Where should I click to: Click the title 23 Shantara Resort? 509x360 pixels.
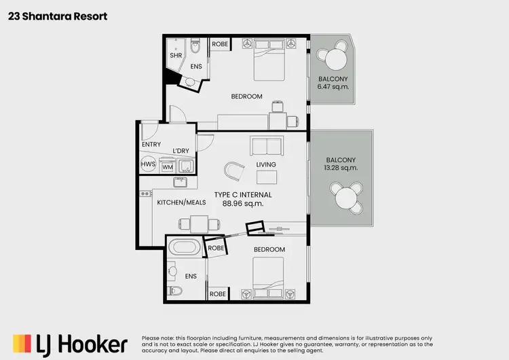58,16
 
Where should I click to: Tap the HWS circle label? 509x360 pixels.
148,165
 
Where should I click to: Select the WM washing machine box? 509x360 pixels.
168,166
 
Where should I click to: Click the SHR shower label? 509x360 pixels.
176,56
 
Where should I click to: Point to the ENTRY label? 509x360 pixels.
151,145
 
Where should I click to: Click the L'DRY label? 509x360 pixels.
181,150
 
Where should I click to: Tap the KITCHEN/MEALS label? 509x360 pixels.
181,202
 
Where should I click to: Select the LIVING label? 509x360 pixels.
265,164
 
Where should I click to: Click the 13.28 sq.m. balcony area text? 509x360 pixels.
341,168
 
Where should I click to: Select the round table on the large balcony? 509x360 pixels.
346,198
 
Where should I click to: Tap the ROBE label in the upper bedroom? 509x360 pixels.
220,44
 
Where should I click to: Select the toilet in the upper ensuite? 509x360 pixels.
195,48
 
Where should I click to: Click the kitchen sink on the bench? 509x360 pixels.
181,182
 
